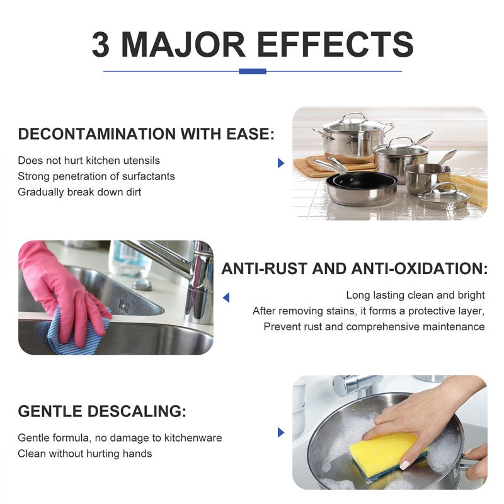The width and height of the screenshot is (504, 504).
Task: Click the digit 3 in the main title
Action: click(101, 44)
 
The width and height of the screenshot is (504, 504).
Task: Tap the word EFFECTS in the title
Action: click(335, 44)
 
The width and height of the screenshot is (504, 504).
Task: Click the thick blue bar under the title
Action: click(253, 71)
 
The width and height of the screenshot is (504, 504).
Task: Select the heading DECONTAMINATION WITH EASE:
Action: click(146, 134)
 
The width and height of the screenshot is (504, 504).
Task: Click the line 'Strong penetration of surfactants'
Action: click(96, 176)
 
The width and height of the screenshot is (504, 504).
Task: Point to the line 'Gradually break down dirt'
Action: click(80, 192)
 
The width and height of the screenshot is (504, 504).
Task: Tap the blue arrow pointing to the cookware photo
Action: click(281, 163)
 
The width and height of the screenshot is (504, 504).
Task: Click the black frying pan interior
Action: click(364, 180)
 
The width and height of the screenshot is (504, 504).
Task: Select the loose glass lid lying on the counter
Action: click(443, 196)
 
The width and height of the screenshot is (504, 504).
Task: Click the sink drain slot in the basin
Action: click(124, 305)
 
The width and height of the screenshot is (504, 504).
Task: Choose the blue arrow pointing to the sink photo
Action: click(226, 297)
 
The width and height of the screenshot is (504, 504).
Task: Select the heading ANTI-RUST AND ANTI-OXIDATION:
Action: click(355, 269)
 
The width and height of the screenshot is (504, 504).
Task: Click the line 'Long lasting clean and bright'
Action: click(415, 295)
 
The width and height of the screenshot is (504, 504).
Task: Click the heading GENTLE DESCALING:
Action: click(102, 411)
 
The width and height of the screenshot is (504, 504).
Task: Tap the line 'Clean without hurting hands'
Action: click(85, 454)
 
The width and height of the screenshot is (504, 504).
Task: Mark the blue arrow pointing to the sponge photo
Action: click(281, 432)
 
